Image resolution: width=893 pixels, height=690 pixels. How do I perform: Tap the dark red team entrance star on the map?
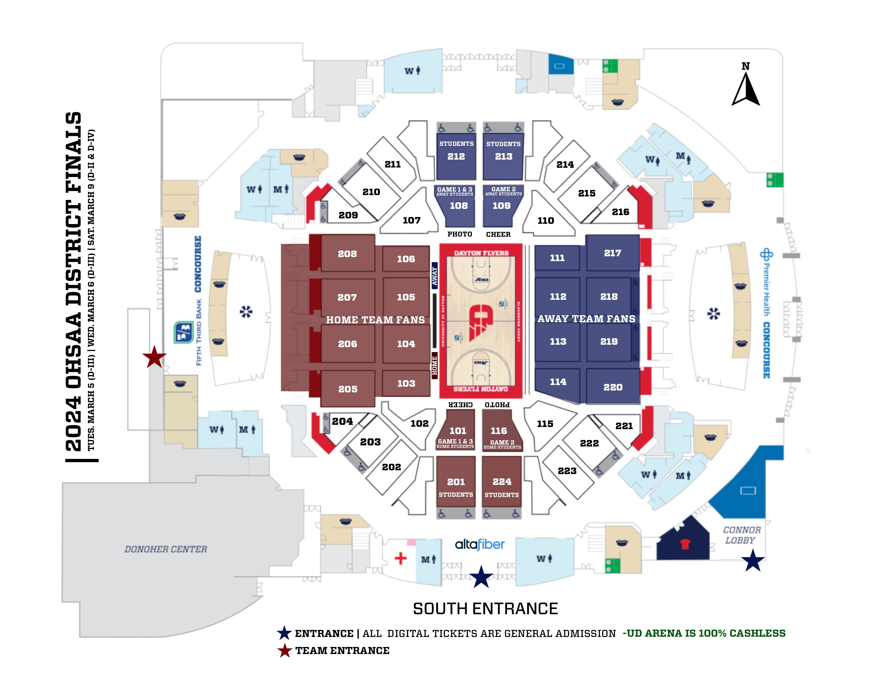(x=154, y=357)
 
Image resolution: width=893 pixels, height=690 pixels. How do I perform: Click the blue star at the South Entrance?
(x=481, y=577)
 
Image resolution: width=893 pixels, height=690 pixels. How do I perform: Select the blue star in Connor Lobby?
(x=752, y=561)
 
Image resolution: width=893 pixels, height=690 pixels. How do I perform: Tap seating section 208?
(x=347, y=254)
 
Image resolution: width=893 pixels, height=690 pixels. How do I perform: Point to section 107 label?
(x=411, y=220)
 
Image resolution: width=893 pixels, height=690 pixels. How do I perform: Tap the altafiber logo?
(x=480, y=544)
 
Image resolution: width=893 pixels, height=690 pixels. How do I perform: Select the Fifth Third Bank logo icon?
(x=183, y=332)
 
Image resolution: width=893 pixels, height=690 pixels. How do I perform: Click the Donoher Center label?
(x=166, y=549)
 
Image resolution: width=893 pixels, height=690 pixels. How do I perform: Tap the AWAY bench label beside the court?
(x=435, y=276)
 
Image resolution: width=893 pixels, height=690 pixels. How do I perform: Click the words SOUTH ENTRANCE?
(x=485, y=609)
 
